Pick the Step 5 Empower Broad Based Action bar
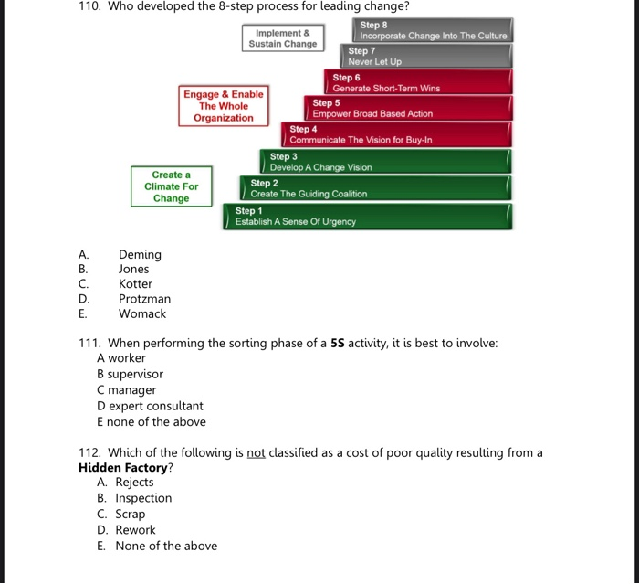[408, 108]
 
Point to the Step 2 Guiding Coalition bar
[373, 188]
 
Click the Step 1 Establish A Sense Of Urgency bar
[367, 217]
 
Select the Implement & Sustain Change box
[282, 38]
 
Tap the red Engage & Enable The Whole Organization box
[224, 106]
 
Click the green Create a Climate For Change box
[171, 186]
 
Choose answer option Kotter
[135, 284]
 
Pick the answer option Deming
[140, 255]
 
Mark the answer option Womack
[142, 313]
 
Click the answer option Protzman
[144, 299]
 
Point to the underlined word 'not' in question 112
[256, 452]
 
